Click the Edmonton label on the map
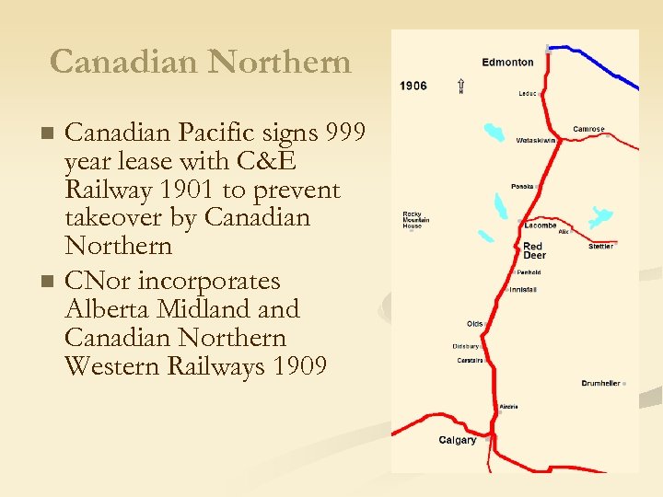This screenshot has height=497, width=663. coord(507,63)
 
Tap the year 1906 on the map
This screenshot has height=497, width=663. coord(413,86)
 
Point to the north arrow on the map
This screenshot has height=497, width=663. coord(460,86)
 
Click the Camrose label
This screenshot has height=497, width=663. coord(588,129)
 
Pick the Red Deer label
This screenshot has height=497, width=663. coord(534,250)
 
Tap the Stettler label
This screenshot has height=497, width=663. coord(601,247)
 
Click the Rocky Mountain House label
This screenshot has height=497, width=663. coord(416,220)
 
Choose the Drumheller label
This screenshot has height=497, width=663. coord(600,383)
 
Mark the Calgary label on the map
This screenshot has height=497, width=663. coord(458,440)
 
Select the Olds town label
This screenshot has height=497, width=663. coord(474,324)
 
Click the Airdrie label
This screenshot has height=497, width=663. coord(508,406)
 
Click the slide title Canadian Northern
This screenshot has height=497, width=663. coord(201,62)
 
